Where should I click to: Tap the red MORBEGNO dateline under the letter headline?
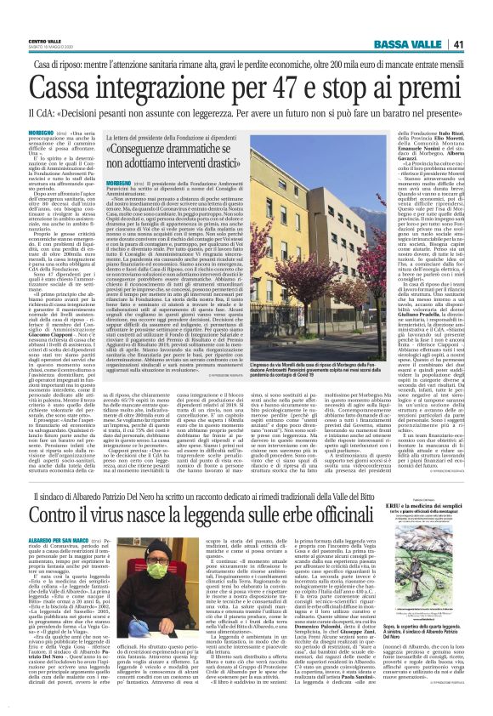coord(118,184)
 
